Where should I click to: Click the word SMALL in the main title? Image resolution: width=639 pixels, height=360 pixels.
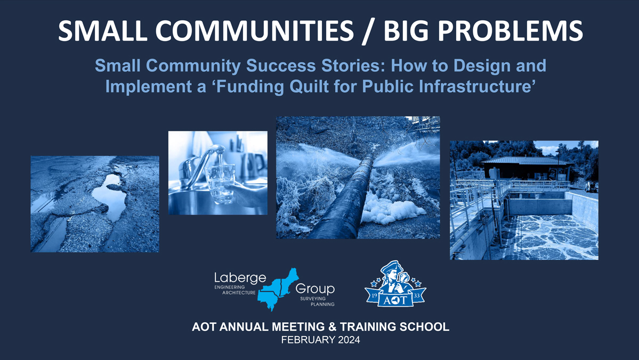(103, 30)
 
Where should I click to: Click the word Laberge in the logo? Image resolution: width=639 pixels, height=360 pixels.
(240, 278)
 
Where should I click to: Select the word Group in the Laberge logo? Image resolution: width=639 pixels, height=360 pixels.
(315, 289)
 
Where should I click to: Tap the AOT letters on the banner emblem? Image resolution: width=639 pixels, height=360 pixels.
(395, 300)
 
